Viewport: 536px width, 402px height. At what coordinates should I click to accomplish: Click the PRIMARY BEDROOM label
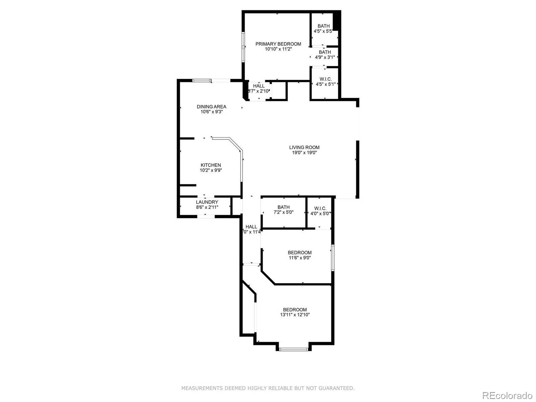point(278,44)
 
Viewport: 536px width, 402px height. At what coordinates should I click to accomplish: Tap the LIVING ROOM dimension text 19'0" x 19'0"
point(305,153)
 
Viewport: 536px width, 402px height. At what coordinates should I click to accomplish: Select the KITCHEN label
point(211,165)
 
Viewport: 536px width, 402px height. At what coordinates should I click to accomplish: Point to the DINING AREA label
point(211,107)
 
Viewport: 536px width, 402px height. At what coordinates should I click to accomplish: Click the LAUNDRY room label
point(207,202)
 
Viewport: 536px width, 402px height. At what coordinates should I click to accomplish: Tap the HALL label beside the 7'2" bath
point(251,227)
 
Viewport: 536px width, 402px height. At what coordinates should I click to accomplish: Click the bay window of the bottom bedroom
point(293,349)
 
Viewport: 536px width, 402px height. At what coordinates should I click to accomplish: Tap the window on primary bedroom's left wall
point(244,47)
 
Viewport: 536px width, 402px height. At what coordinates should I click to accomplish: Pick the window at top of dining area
point(202,80)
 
